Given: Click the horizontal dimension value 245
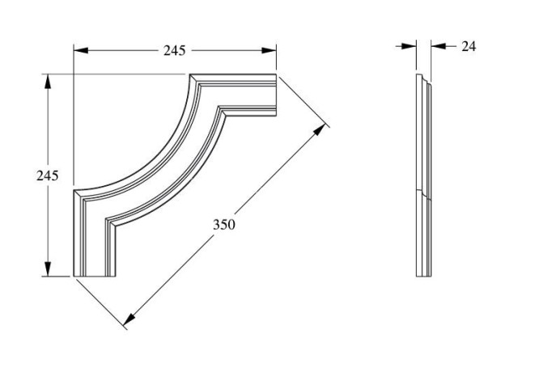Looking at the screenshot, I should (174, 50).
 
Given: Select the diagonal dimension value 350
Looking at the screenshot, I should (224, 224).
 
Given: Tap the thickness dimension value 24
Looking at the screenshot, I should (469, 46).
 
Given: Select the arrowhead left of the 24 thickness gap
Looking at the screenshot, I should (410, 46).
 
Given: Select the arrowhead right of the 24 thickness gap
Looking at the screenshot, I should (437, 46).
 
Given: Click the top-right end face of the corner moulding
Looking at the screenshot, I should (275, 95).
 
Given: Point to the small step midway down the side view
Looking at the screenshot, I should (422, 194).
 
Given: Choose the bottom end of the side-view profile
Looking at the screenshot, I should (422, 275).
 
